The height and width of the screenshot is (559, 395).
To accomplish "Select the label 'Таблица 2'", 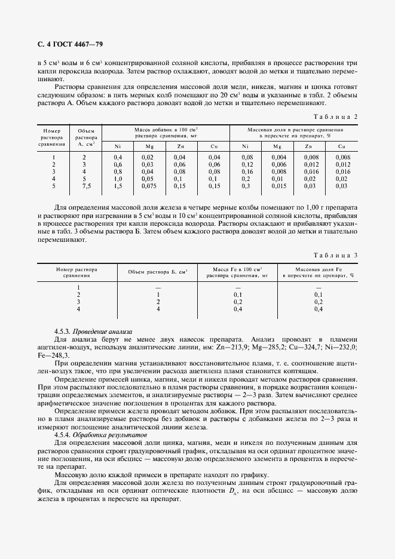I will [336, 116].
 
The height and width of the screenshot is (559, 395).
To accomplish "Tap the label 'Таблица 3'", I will [336, 255].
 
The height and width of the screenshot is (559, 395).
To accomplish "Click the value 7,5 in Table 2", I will [87, 186].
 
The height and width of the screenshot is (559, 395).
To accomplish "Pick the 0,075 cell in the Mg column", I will [148, 186].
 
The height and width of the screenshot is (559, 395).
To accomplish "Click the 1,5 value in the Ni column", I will [118, 186].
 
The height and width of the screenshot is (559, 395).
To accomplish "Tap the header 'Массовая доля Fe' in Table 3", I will [318, 269].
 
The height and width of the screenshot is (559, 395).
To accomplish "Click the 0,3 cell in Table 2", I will [246, 186].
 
